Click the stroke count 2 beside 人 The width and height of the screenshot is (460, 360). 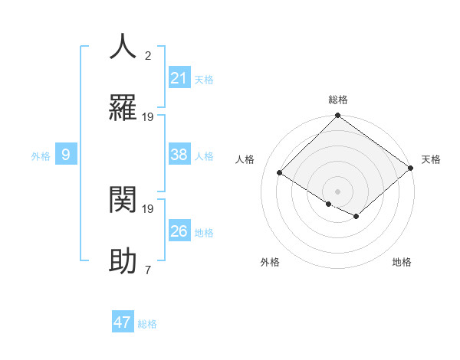pos(148,55)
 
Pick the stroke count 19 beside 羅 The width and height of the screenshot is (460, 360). pos(148,116)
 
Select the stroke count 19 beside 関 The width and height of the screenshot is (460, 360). pos(148,208)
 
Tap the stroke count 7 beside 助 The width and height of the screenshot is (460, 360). pos(148,270)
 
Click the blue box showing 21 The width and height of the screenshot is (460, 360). pos(179,78)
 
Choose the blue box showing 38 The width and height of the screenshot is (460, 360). pos(179,155)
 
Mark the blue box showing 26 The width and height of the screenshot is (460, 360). pos(179,231)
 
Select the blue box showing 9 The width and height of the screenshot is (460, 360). pos(66,155)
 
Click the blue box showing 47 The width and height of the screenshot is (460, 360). pos(123,322)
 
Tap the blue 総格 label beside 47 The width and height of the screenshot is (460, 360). pos(148,324)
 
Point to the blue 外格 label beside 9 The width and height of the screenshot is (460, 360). pos(41,156)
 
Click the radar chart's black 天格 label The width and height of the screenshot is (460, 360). pos(431,159)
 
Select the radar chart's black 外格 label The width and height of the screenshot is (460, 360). pos(270,262)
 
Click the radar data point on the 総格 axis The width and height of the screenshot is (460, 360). pos(337,116)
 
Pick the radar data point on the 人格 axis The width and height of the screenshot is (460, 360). pos(281,173)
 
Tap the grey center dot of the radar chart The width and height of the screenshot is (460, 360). pos(337,191)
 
